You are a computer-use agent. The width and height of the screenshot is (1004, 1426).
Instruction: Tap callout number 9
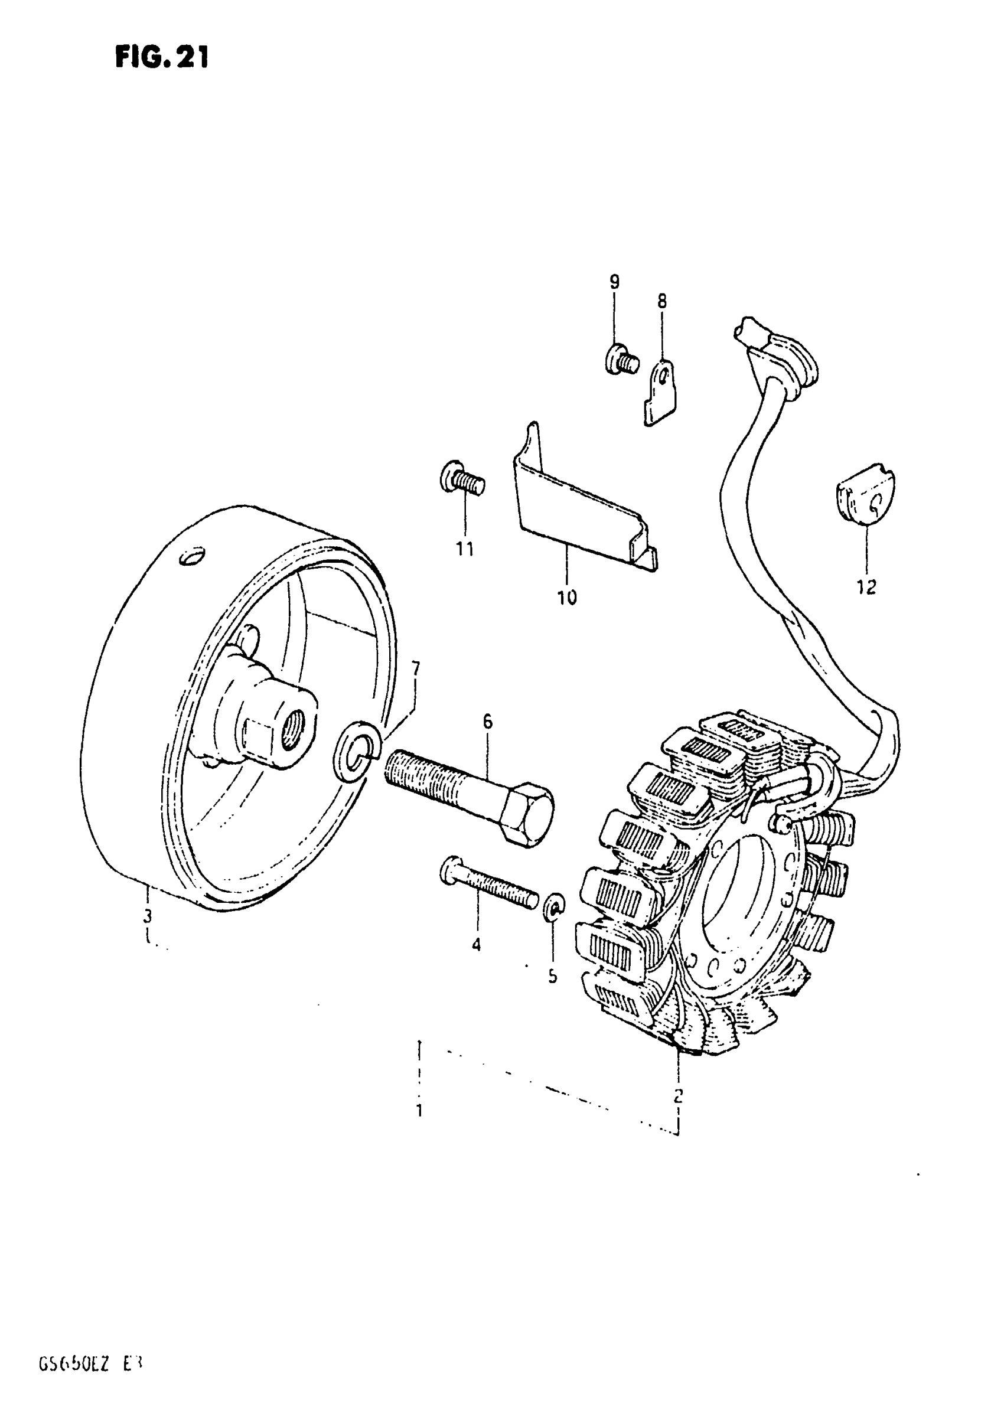[x=614, y=282]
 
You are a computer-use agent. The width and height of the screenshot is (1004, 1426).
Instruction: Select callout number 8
[x=661, y=302]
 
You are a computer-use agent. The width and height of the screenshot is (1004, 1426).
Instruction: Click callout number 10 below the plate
[x=566, y=598]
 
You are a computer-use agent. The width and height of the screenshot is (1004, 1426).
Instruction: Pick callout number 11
[x=465, y=549]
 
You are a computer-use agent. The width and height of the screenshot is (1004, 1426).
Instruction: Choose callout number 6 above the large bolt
[x=487, y=722]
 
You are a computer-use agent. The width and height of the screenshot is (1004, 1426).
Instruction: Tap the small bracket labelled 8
[x=660, y=394]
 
